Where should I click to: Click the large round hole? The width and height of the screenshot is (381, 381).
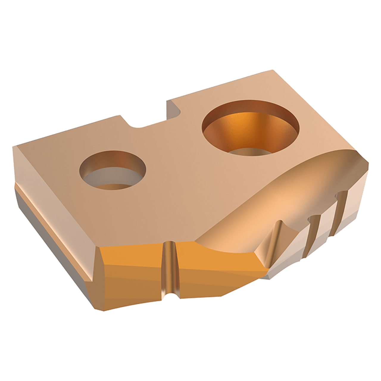tap(251, 128)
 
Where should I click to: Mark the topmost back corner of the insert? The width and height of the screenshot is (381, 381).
tap(272, 71)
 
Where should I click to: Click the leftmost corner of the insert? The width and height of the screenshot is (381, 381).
tap(13, 147)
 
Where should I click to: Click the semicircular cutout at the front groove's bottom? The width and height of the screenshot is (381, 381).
tap(170, 295)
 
